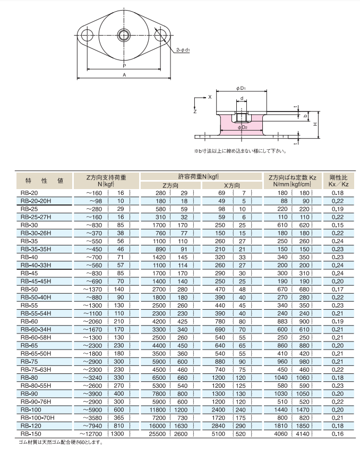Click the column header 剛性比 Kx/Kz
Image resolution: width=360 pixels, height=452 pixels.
pyautogui.click(x=338, y=180)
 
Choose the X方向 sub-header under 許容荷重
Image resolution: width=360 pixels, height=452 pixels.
pyautogui.click(x=232, y=185)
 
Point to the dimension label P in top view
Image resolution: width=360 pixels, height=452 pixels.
pyautogui.click(x=124, y=66)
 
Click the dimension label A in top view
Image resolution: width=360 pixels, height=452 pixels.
pyautogui.click(x=124, y=76)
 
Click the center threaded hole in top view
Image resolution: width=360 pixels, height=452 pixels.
pyautogui.click(x=124, y=36)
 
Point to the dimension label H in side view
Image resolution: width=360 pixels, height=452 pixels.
pyautogui.click(x=314, y=124)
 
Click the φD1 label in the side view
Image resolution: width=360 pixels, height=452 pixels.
pyautogui.click(x=242, y=88)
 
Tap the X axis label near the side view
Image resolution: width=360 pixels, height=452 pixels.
pyautogui.click(x=210, y=97)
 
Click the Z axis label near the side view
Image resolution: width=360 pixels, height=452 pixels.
pyautogui.click(x=195, y=113)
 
